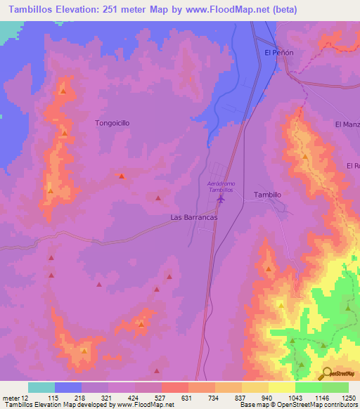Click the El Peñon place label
(278, 53)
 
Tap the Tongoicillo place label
(112, 122)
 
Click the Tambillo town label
(267, 195)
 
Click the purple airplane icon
(221, 200)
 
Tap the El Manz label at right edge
(347, 124)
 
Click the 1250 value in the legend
(348, 397)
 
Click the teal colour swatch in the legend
(41, 387)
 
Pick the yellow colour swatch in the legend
(281, 387)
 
